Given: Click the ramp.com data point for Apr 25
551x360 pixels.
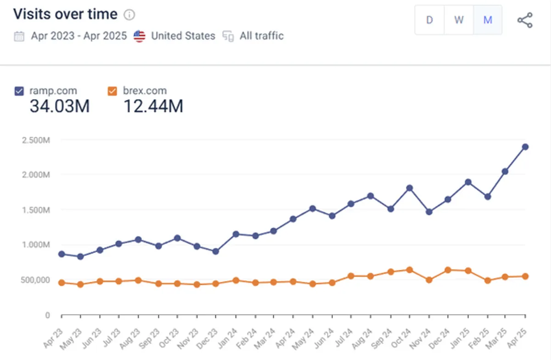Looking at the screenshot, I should pyautogui.click(x=525, y=147).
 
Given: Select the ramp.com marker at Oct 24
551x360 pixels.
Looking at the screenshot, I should pyautogui.click(x=409, y=188).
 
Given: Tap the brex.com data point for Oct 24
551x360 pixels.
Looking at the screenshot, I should pyautogui.click(x=409, y=270).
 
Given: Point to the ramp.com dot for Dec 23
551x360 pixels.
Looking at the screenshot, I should pyautogui.click(x=216, y=252).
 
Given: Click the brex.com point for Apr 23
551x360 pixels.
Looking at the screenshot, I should pyautogui.click(x=62, y=283).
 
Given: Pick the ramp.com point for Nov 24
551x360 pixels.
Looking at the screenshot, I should pyautogui.click(x=429, y=212).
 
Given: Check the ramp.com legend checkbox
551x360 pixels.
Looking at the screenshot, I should pyautogui.click(x=19, y=91).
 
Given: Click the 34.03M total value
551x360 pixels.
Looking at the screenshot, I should pyautogui.click(x=60, y=106).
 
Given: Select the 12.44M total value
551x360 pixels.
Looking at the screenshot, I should pyautogui.click(x=153, y=106).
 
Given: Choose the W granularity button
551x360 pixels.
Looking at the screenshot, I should pyautogui.click(x=459, y=20).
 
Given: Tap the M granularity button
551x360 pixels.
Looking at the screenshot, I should pyautogui.click(x=488, y=20).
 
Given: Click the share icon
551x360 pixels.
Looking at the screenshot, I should pyautogui.click(x=525, y=20).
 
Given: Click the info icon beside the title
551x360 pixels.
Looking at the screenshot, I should pyautogui.click(x=129, y=15).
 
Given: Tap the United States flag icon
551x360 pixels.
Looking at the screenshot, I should pyautogui.click(x=140, y=36).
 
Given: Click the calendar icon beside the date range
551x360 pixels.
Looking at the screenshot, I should pyautogui.click(x=19, y=36).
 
